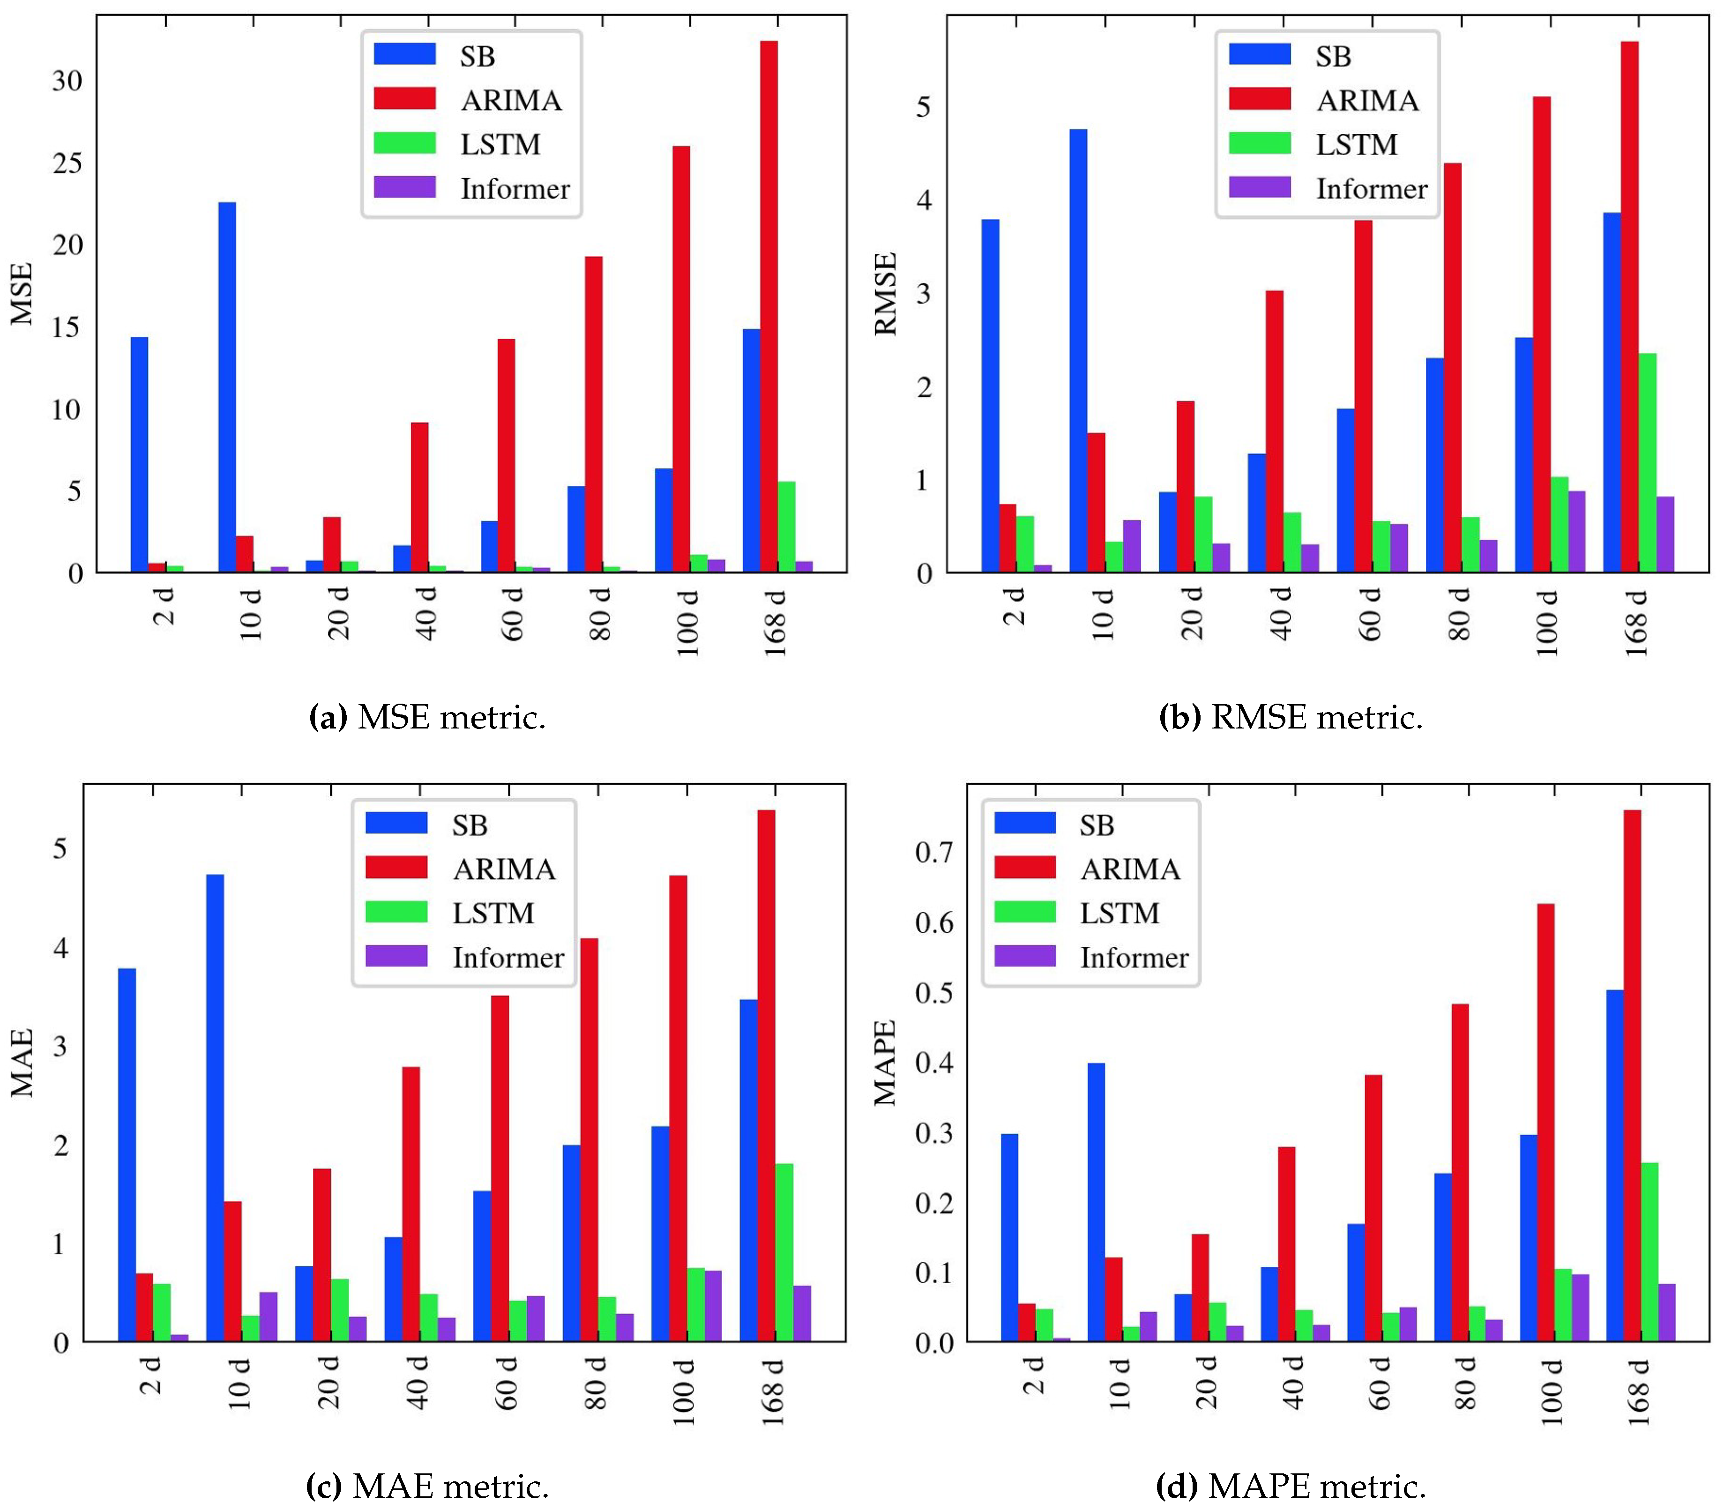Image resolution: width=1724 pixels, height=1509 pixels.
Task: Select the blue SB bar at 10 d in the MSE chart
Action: coord(226,387)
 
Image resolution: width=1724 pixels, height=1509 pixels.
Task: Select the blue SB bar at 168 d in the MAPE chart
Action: coord(1614,1166)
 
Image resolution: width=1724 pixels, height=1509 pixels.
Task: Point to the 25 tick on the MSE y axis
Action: coord(67,163)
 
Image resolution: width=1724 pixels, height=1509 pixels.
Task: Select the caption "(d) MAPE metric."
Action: coord(1290,1486)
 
